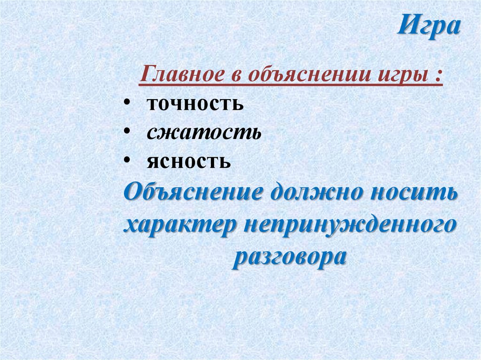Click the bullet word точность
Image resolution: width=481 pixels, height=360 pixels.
(x=195, y=104)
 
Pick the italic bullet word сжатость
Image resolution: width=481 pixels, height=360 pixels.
(x=203, y=133)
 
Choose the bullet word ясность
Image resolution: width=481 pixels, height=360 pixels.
(x=188, y=162)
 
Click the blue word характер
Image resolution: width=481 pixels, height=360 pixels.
(x=179, y=226)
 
